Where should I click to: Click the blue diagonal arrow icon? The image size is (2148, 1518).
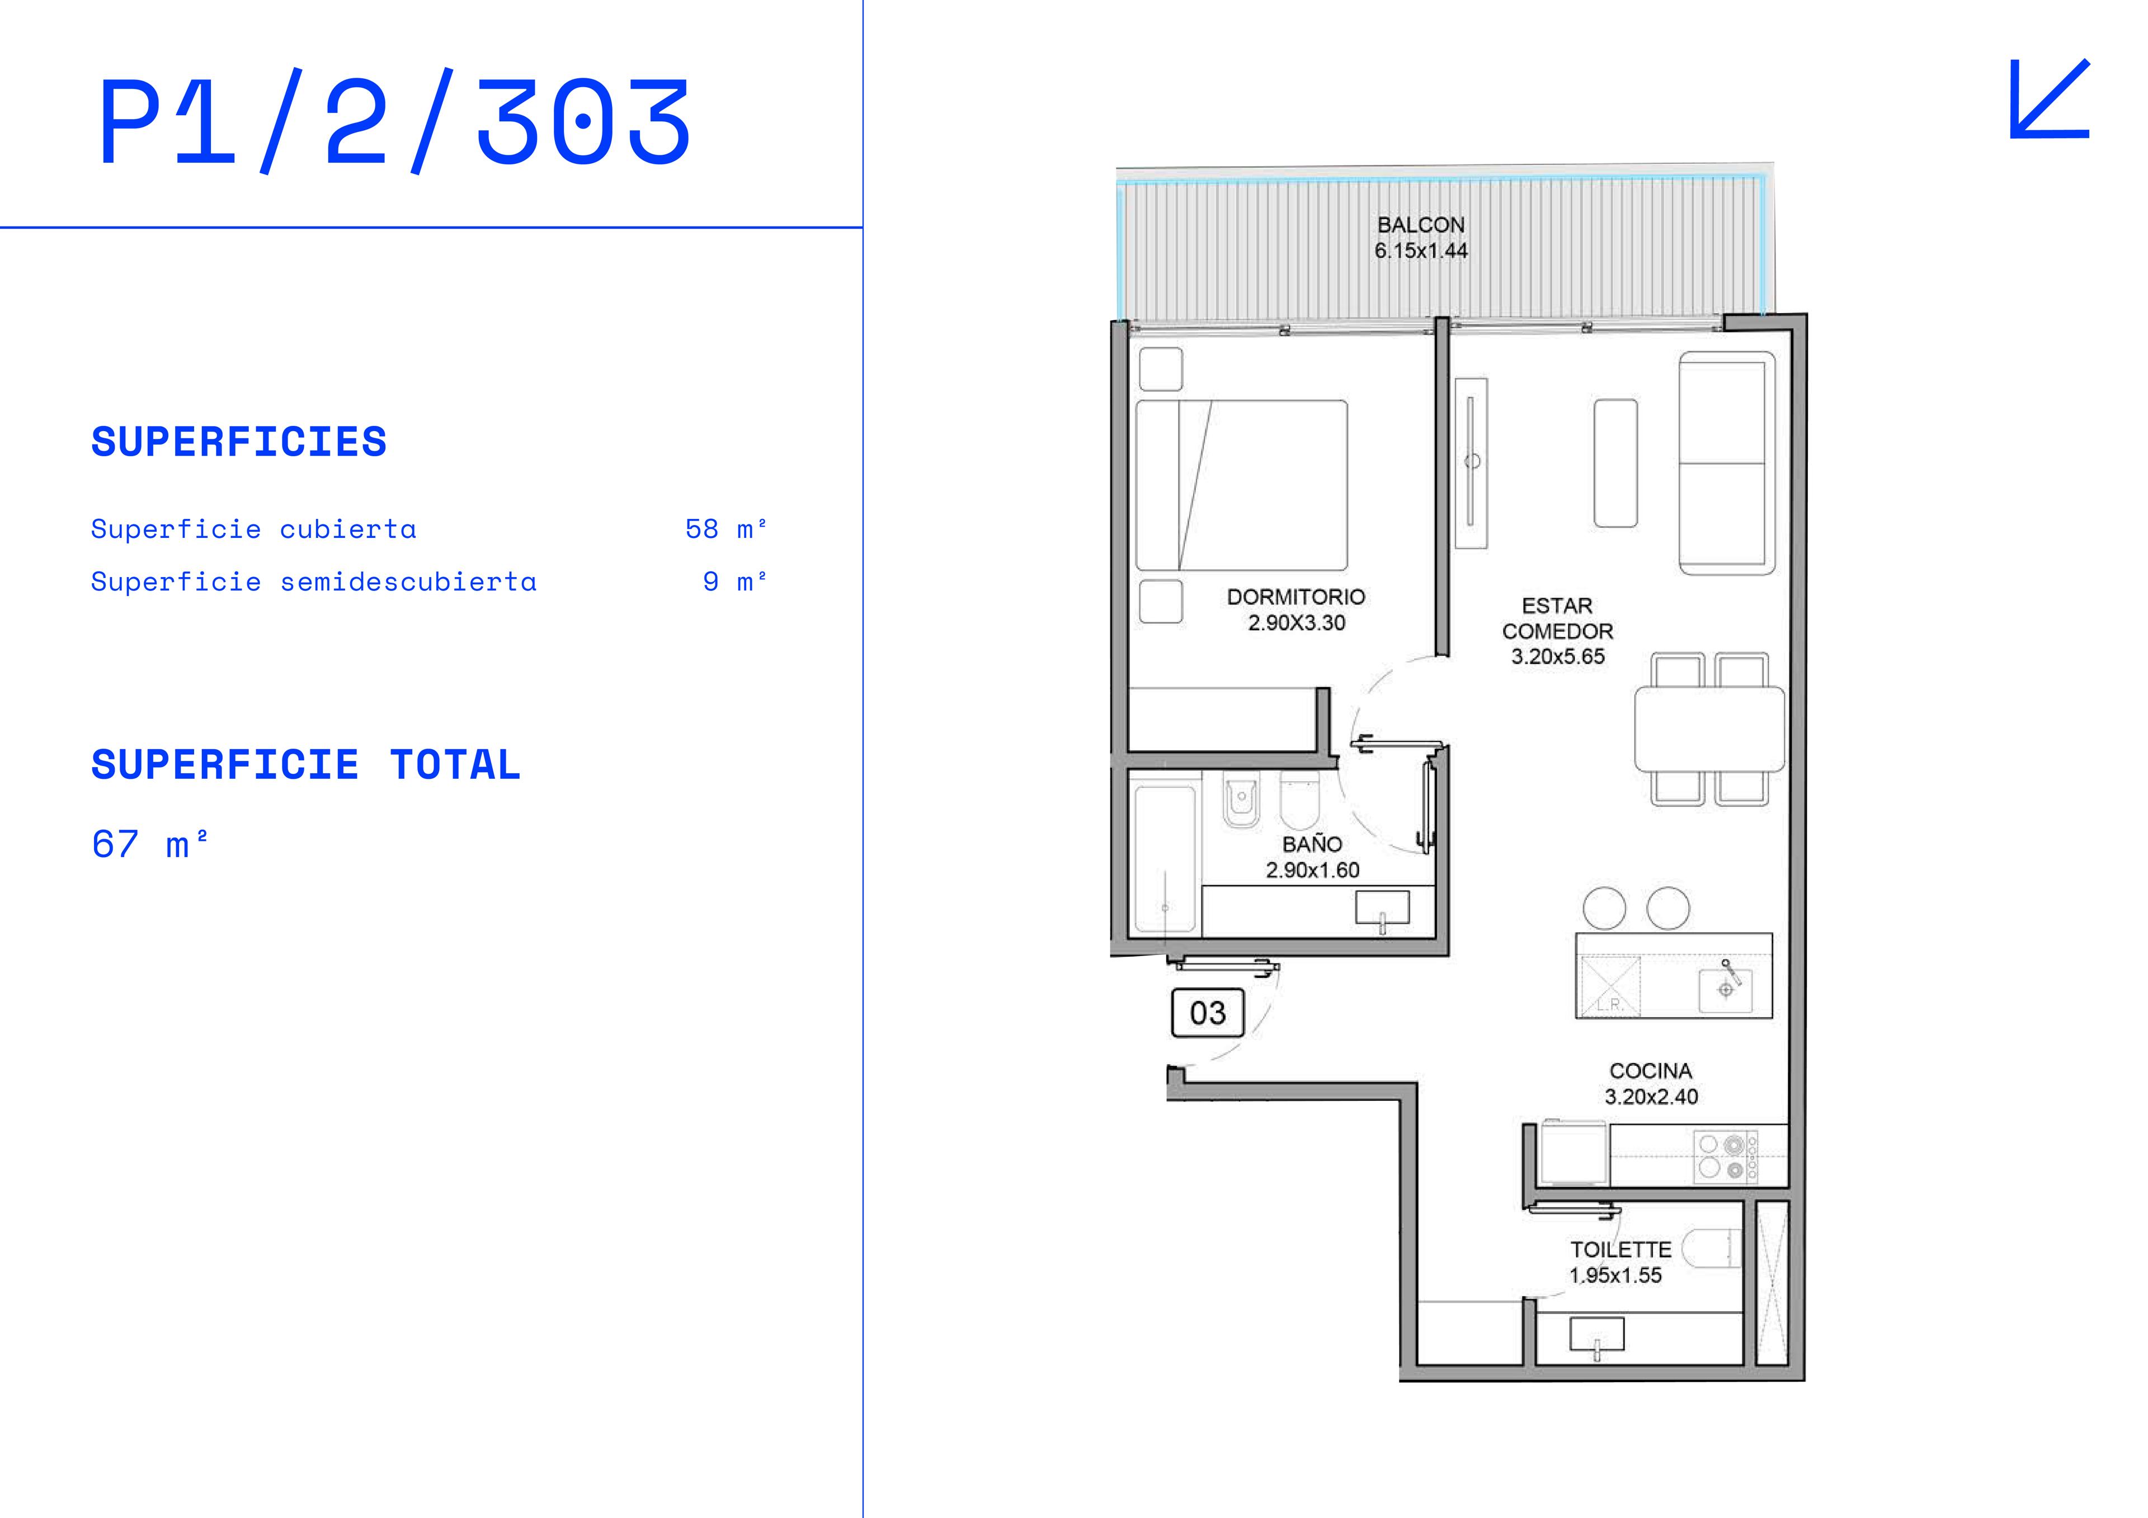(x=2049, y=99)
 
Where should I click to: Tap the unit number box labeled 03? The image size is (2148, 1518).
(x=1208, y=1013)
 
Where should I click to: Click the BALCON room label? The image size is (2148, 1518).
(x=1421, y=225)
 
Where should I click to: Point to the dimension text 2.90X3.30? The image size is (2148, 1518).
(x=1297, y=623)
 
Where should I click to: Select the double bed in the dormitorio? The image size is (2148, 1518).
(x=1241, y=485)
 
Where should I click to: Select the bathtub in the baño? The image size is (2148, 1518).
(x=1165, y=859)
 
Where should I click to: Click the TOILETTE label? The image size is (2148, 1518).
(x=1621, y=1250)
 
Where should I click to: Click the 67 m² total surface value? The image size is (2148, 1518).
(x=150, y=845)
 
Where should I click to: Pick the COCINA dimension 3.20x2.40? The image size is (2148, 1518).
(x=1651, y=1097)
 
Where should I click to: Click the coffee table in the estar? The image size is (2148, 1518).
(x=1615, y=463)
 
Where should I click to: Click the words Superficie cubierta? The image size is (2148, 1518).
(x=253, y=529)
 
